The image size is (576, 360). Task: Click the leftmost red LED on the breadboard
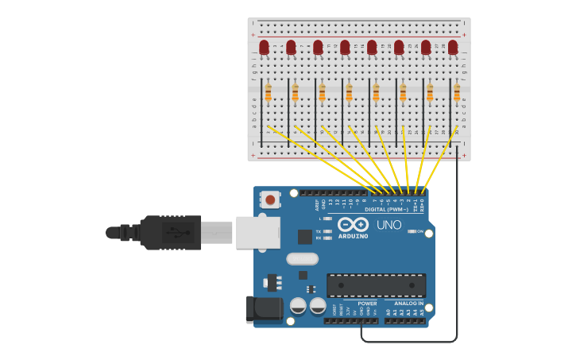click(x=264, y=48)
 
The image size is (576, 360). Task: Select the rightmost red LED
click(x=453, y=48)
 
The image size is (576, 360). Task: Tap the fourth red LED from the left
click(x=345, y=48)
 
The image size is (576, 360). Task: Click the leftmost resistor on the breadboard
click(x=269, y=93)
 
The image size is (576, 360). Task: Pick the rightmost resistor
click(x=457, y=93)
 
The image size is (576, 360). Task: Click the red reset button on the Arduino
click(x=271, y=199)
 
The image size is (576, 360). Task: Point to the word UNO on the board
click(x=389, y=225)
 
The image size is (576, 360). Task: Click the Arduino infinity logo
click(x=353, y=226)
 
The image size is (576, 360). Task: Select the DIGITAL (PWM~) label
click(x=387, y=209)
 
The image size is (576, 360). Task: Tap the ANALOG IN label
click(x=410, y=303)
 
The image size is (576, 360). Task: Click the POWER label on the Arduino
click(x=367, y=303)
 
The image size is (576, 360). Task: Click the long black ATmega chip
click(x=376, y=285)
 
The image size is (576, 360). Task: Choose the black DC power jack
click(x=263, y=309)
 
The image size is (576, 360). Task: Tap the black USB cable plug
click(x=171, y=232)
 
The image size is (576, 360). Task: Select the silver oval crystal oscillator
click(x=302, y=258)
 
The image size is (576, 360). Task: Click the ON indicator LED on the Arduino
click(x=412, y=231)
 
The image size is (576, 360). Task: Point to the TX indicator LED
click(x=327, y=230)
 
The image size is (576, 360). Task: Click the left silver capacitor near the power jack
click(x=299, y=306)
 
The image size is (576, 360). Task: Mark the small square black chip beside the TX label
click(x=305, y=236)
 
